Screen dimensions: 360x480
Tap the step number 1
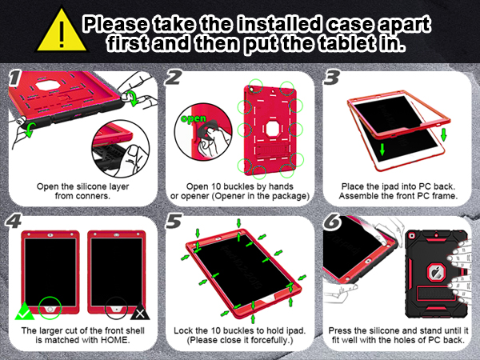click(13, 78)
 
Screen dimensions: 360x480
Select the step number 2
click(171, 78)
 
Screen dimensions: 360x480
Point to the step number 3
click(330, 78)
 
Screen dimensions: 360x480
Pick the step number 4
click(14, 220)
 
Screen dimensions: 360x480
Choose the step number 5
click(171, 220)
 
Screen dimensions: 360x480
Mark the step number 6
click(330, 220)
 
